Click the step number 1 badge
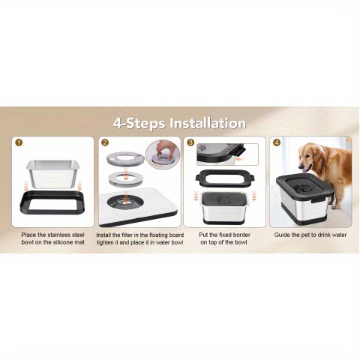click(x=19, y=142)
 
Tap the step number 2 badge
click(x=105, y=142)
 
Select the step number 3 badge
click(x=190, y=142)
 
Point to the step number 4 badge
click(x=277, y=142)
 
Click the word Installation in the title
click(x=208, y=123)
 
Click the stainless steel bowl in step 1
click(x=53, y=174)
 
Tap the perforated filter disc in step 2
click(x=126, y=158)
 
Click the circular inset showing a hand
click(x=163, y=154)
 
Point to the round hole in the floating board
click(x=125, y=202)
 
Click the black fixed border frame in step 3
click(x=225, y=185)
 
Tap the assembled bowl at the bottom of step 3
click(x=224, y=208)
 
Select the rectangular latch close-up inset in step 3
click(x=227, y=154)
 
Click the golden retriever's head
click(x=309, y=157)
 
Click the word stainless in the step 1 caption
click(x=59, y=235)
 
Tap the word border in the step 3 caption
click(x=241, y=235)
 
